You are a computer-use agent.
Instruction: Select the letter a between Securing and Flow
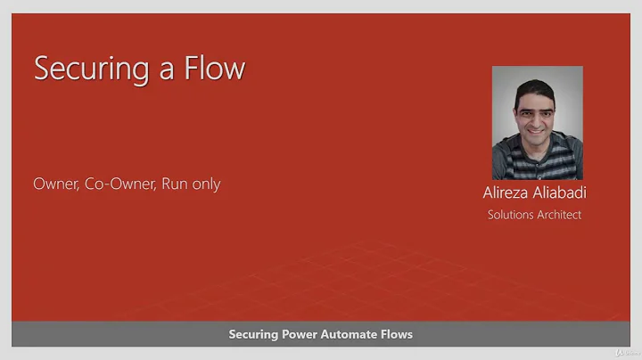[x=166, y=71]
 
